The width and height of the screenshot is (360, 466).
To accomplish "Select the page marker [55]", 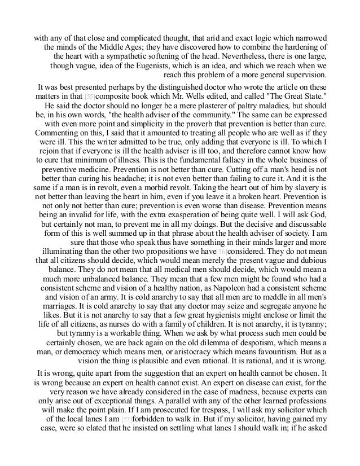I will pyautogui.click(x=82, y=97).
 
